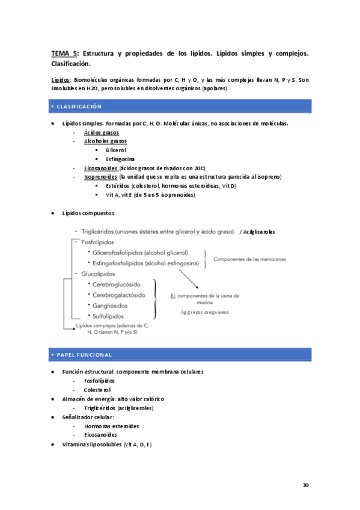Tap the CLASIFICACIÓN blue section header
click(81, 106)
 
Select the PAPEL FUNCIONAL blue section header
click(84, 355)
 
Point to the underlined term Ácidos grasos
click(102, 132)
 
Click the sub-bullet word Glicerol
click(116, 150)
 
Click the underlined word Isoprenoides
click(101, 177)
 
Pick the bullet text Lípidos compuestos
click(88, 213)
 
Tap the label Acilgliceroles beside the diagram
click(260, 232)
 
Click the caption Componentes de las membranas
click(249, 259)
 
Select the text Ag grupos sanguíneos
click(204, 313)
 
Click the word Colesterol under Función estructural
click(97, 390)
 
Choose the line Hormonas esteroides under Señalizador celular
click(112, 426)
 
